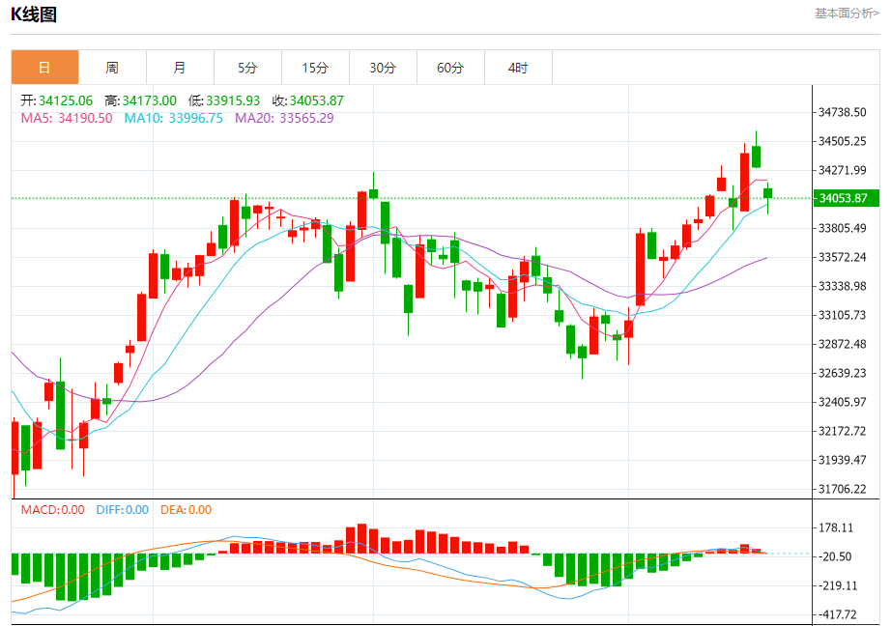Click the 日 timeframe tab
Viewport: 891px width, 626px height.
tap(44, 68)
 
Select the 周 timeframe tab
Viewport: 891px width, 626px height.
tap(112, 68)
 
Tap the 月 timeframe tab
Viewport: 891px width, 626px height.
tap(180, 68)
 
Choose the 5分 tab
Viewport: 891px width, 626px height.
tap(247, 68)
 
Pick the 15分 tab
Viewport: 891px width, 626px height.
tap(315, 68)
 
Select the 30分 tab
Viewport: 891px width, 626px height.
tap(383, 68)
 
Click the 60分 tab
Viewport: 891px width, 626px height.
tap(450, 68)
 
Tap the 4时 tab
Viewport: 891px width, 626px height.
tap(518, 68)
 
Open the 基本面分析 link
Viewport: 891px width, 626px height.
tap(847, 14)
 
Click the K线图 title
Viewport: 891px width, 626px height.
tap(34, 14)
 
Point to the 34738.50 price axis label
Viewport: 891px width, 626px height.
tap(842, 112)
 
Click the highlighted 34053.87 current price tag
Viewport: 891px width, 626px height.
tap(842, 198)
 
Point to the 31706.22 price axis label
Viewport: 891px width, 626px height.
tap(842, 489)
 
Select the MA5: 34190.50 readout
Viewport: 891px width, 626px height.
tap(67, 118)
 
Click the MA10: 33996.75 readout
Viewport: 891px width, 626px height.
tap(173, 118)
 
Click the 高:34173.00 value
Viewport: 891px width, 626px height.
tap(140, 100)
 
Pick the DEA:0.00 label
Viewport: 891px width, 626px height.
tap(186, 509)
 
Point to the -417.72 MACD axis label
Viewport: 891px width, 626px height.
tap(839, 614)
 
